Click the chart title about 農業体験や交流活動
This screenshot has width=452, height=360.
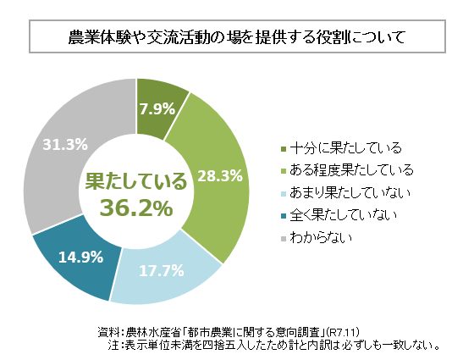coord(225,38)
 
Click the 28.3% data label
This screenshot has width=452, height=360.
coord(220,176)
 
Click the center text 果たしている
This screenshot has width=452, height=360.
coord(135,180)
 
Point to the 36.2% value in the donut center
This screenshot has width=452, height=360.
coord(135,207)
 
